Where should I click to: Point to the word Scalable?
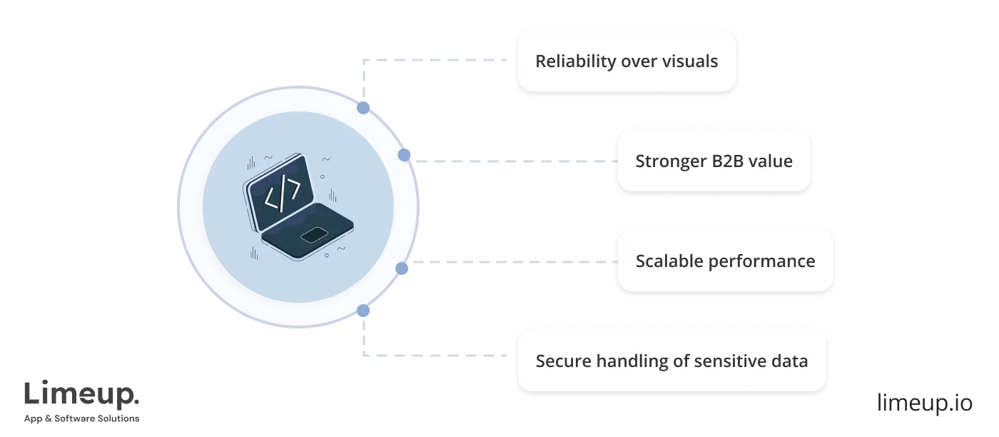coord(669,261)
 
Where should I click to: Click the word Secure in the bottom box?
coord(560,361)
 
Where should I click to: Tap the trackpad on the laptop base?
coord(314,236)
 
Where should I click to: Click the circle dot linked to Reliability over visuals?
coord(364,108)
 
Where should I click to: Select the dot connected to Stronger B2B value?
coord(404,155)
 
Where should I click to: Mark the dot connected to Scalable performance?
coord(402,268)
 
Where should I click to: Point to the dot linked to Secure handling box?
coord(363,311)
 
